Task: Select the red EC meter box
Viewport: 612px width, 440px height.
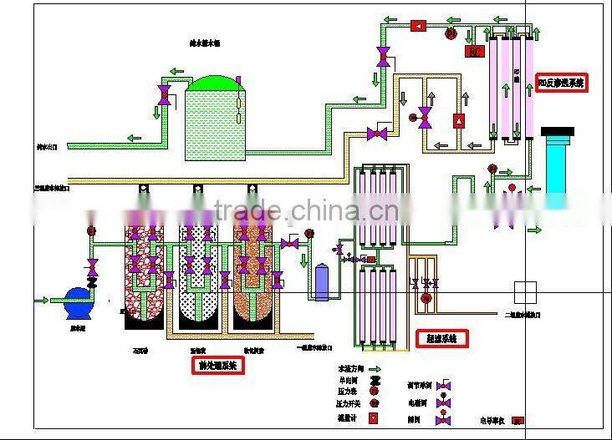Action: (x=474, y=52)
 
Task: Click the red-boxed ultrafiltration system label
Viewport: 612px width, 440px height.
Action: (x=441, y=338)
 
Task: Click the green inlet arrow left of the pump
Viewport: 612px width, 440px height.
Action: (x=39, y=300)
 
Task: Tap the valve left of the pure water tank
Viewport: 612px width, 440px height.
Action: (x=165, y=94)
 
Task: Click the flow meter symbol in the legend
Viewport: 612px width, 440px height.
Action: (x=374, y=418)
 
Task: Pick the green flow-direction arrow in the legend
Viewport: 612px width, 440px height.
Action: (x=374, y=368)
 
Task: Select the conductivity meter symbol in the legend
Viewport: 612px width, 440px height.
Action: (x=518, y=420)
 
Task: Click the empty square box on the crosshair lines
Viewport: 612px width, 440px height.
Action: (x=525, y=292)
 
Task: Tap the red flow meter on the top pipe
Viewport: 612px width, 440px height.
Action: (x=417, y=27)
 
